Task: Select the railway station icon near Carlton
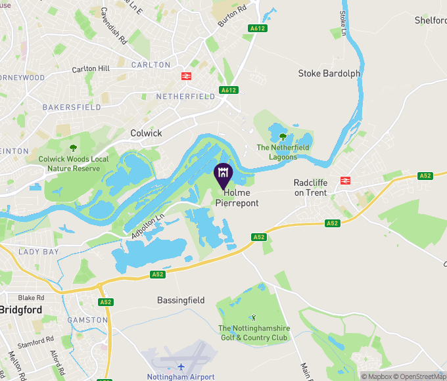pyautogui.click(x=187, y=76)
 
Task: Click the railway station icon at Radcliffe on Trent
pyautogui.click(x=345, y=179)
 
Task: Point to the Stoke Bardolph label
pyautogui.click(x=329, y=74)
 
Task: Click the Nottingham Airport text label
pyautogui.click(x=181, y=377)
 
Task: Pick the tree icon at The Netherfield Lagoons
pyautogui.click(x=283, y=137)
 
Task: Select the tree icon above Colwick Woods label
pyautogui.click(x=73, y=148)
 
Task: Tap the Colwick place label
pyautogui.click(x=146, y=133)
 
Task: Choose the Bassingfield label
pyautogui.click(x=181, y=300)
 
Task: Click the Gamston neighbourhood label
pyautogui.click(x=87, y=320)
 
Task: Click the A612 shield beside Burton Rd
pyautogui.click(x=257, y=28)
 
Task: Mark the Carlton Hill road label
pyautogui.click(x=91, y=69)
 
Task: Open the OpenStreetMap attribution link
pyautogui.click(x=422, y=376)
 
